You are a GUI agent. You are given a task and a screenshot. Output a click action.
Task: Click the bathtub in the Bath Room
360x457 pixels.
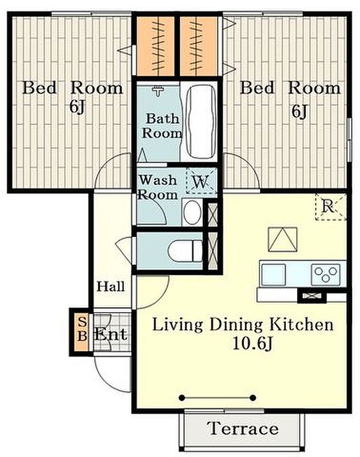coord(201,121)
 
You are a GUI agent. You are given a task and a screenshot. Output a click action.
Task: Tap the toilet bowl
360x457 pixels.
coord(185,251)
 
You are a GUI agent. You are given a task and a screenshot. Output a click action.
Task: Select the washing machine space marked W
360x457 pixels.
coord(201,181)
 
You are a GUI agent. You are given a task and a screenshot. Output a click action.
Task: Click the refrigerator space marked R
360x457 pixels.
coord(331,207)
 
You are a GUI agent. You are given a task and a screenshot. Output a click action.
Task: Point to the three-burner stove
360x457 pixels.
coord(326,274)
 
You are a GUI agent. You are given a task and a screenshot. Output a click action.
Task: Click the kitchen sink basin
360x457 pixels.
coord(273,274)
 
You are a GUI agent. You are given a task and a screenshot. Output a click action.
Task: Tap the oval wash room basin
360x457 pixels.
coord(192,212)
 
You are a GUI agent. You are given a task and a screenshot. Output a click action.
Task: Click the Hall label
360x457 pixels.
coord(111,287)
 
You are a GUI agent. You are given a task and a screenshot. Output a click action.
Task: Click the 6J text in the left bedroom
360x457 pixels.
coord(77,107)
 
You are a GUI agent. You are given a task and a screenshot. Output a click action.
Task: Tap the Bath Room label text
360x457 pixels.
coord(161,126)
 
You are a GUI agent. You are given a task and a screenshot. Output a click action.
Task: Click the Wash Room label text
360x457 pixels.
coord(157,187)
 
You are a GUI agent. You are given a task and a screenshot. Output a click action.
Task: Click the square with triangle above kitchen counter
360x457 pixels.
coord(282,239)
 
